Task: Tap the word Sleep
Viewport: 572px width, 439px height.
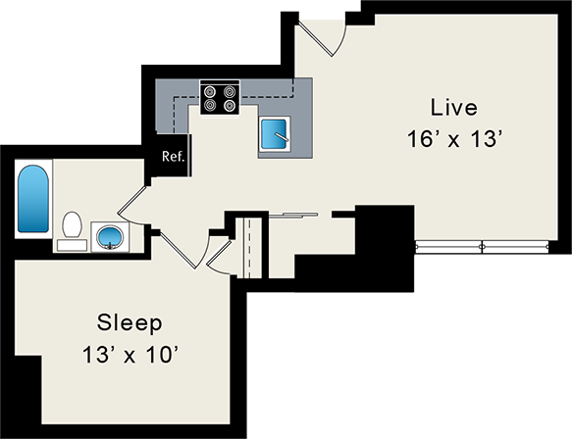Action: point(130,322)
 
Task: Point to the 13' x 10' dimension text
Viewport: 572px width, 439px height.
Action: point(130,353)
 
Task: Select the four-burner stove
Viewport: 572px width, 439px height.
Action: point(221,97)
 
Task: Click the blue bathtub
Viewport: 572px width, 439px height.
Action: point(32,199)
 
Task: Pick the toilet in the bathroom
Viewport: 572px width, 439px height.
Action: point(71,227)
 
